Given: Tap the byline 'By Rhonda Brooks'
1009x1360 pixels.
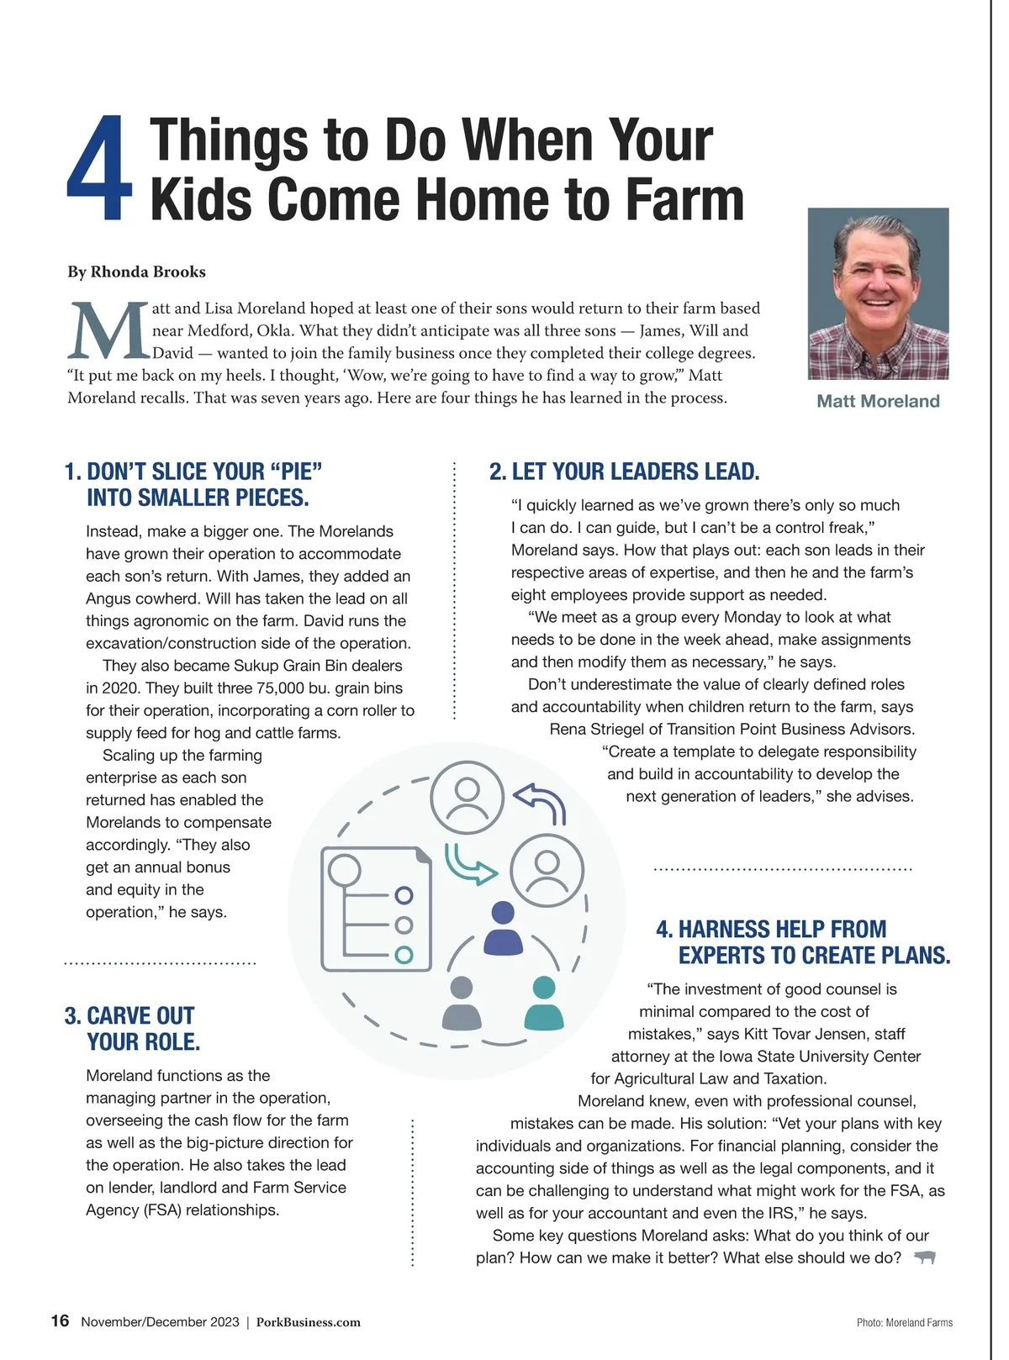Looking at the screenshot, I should (x=136, y=271).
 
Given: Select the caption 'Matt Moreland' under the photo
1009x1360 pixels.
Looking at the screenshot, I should (x=878, y=401).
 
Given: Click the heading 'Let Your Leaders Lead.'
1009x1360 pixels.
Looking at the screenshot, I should (x=624, y=472).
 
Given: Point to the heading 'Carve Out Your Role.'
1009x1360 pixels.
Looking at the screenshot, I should (x=133, y=1029).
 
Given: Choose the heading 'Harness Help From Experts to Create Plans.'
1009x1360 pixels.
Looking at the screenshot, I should (x=803, y=942).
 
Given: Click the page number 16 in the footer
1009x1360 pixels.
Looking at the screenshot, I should (x=60, y=1320).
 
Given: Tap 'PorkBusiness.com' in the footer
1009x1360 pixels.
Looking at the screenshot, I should (x=308, y=1322).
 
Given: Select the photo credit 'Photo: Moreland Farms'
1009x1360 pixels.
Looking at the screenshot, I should (x=904, y=1323).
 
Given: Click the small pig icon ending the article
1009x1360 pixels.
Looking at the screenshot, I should (x=925, y=1257).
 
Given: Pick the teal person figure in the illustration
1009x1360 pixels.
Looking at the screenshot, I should (x=544, y=1004).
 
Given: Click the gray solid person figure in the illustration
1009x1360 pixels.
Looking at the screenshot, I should (x=462, y=1004).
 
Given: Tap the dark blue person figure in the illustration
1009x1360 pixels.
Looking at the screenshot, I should (x=503, y=928).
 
